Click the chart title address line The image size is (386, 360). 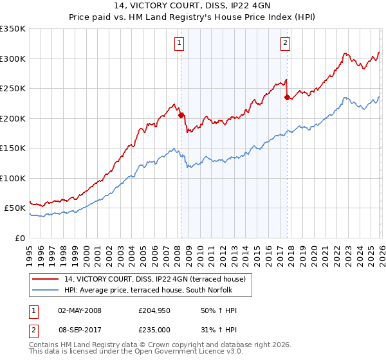click(193, 6)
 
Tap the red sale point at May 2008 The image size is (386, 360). click(181, 116)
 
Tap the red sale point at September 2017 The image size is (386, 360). click(287, 98)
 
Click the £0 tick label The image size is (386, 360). click(19, 238)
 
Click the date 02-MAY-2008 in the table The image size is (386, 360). click(80, 310)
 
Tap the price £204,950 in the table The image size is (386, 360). click(153, 310)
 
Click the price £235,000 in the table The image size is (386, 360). click(153, 330)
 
